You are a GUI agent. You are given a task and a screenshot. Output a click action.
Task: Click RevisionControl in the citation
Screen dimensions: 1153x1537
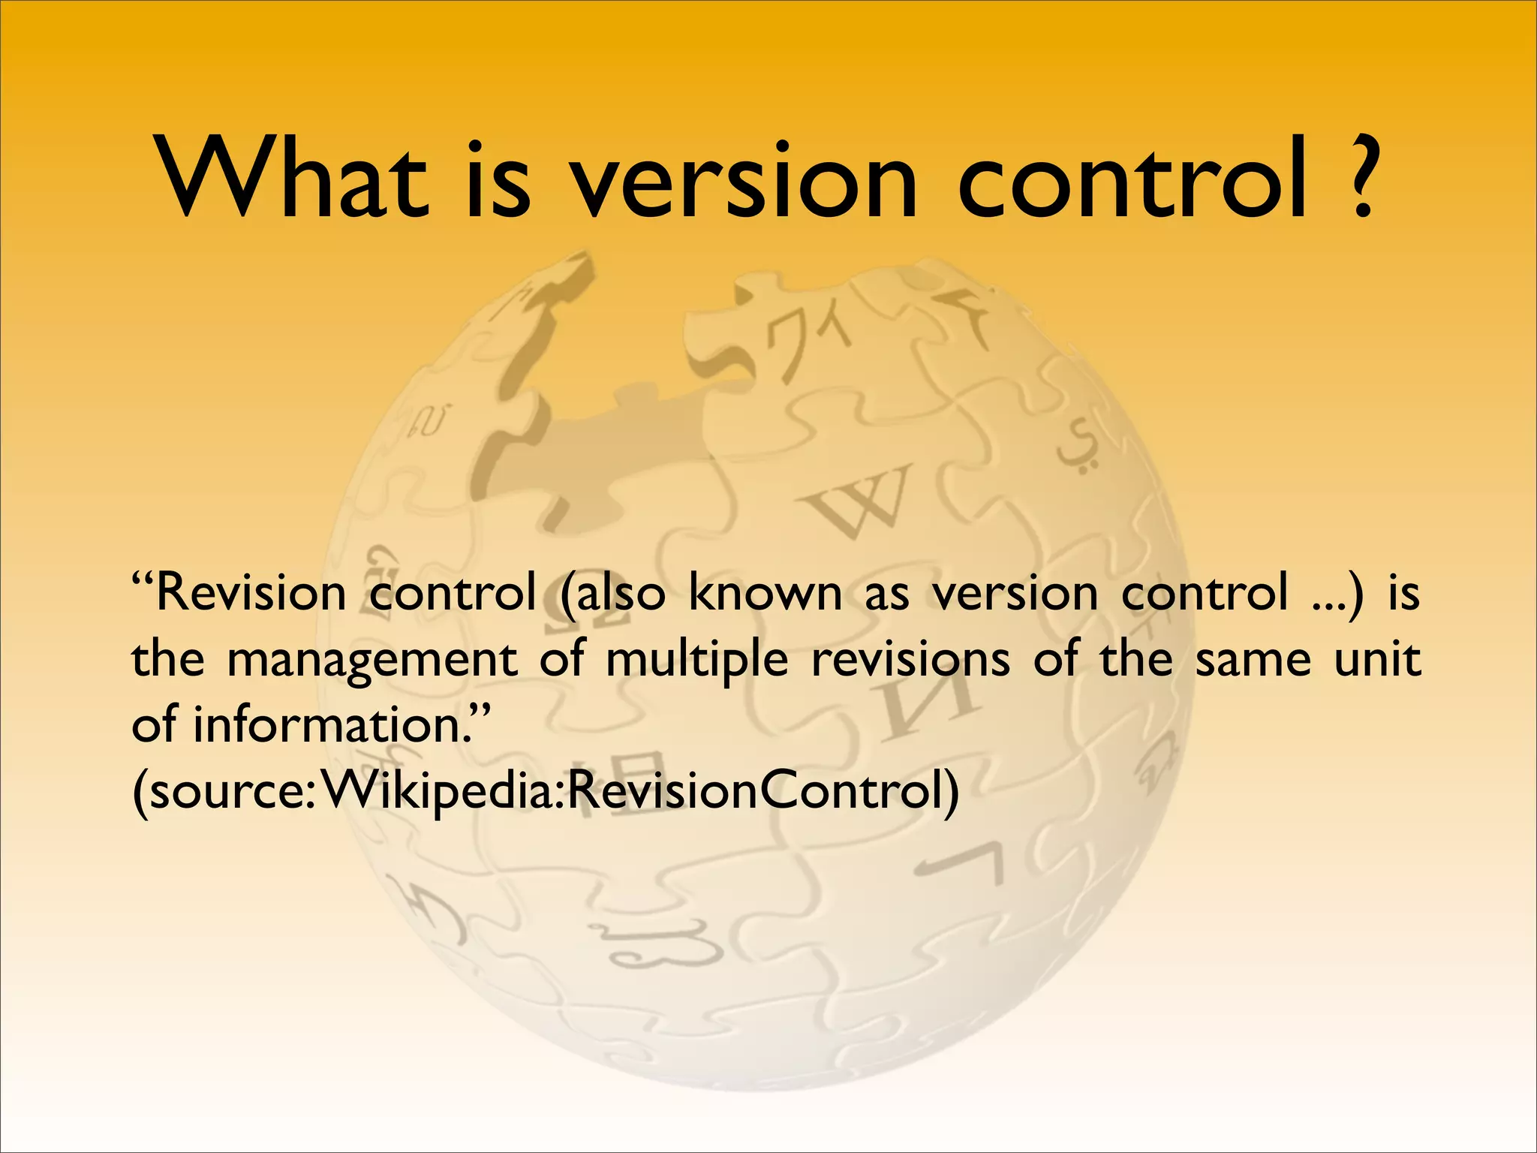[758, 791]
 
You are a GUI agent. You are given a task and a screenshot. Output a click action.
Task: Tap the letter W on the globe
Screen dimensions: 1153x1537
[863, 499]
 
